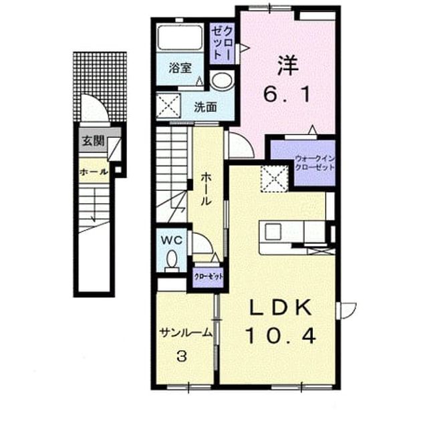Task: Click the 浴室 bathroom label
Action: click(180, 68)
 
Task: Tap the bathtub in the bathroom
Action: click(180, 37)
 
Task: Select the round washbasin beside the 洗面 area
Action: click(221, 81)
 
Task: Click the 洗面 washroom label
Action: click(205, 108)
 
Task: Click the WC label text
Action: click(172, 240)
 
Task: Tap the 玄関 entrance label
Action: click(93, 140)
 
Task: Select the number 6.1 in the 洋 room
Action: click(287, 94)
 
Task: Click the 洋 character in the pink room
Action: click(288, 65)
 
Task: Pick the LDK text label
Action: click(281, 307)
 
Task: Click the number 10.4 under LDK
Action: click(281, 336)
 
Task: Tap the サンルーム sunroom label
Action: click(186, 333)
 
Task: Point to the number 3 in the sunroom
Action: click(182, 357)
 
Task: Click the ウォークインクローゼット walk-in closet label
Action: click(315, 163)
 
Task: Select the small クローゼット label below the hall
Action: click(208, 277)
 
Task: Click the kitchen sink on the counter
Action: click(273, 231)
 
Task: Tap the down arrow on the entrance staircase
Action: click(94, 205)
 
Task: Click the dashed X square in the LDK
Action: click(274, 178)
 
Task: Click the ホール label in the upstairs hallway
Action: click(206, 189)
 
